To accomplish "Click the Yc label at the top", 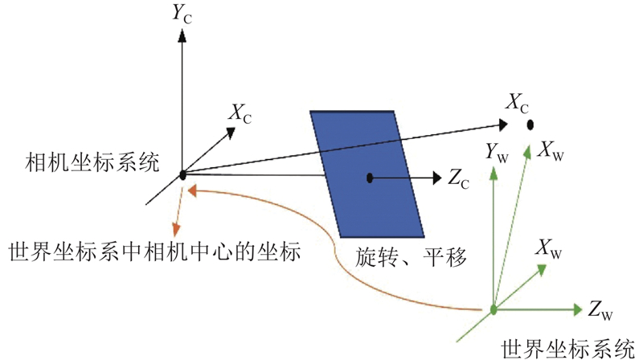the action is coord(182,14).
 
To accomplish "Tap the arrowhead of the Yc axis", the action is coord(182,35).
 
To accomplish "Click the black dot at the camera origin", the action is coord(183,175).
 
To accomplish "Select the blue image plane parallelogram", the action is coord(367,174).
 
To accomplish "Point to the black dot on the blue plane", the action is coord(370,178).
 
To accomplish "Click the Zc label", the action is coord(458,178).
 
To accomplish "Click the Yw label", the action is coord(497,153).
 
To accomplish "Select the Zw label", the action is coord(600,309).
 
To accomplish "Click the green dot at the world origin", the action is coord(494,309).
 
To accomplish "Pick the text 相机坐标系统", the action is coord(92,163).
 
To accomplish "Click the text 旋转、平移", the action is coord(411,257).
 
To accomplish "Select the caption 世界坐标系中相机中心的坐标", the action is coord(154,252).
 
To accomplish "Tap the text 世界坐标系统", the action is coord(568,350).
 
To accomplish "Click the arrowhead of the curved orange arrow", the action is coord(193,190).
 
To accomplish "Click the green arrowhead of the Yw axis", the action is coord(494,173).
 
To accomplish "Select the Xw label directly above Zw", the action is coord(549,249).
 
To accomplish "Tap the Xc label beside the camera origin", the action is coord(240,113).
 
